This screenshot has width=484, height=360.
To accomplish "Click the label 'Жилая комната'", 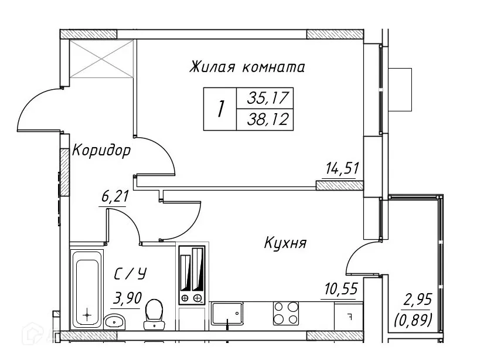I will [247, 67].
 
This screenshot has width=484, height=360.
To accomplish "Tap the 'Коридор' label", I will [101, 151].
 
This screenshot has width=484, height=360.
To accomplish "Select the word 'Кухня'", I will [285, 243].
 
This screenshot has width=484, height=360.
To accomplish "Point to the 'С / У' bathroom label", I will [129, 273].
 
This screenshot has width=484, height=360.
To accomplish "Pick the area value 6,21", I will [114, 197].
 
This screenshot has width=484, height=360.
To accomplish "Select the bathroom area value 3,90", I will [126, 299].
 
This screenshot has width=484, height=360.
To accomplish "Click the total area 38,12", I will [264, 120].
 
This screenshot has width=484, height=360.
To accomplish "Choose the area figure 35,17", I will [264, 98].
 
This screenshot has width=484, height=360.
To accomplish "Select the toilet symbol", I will [154, 313].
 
